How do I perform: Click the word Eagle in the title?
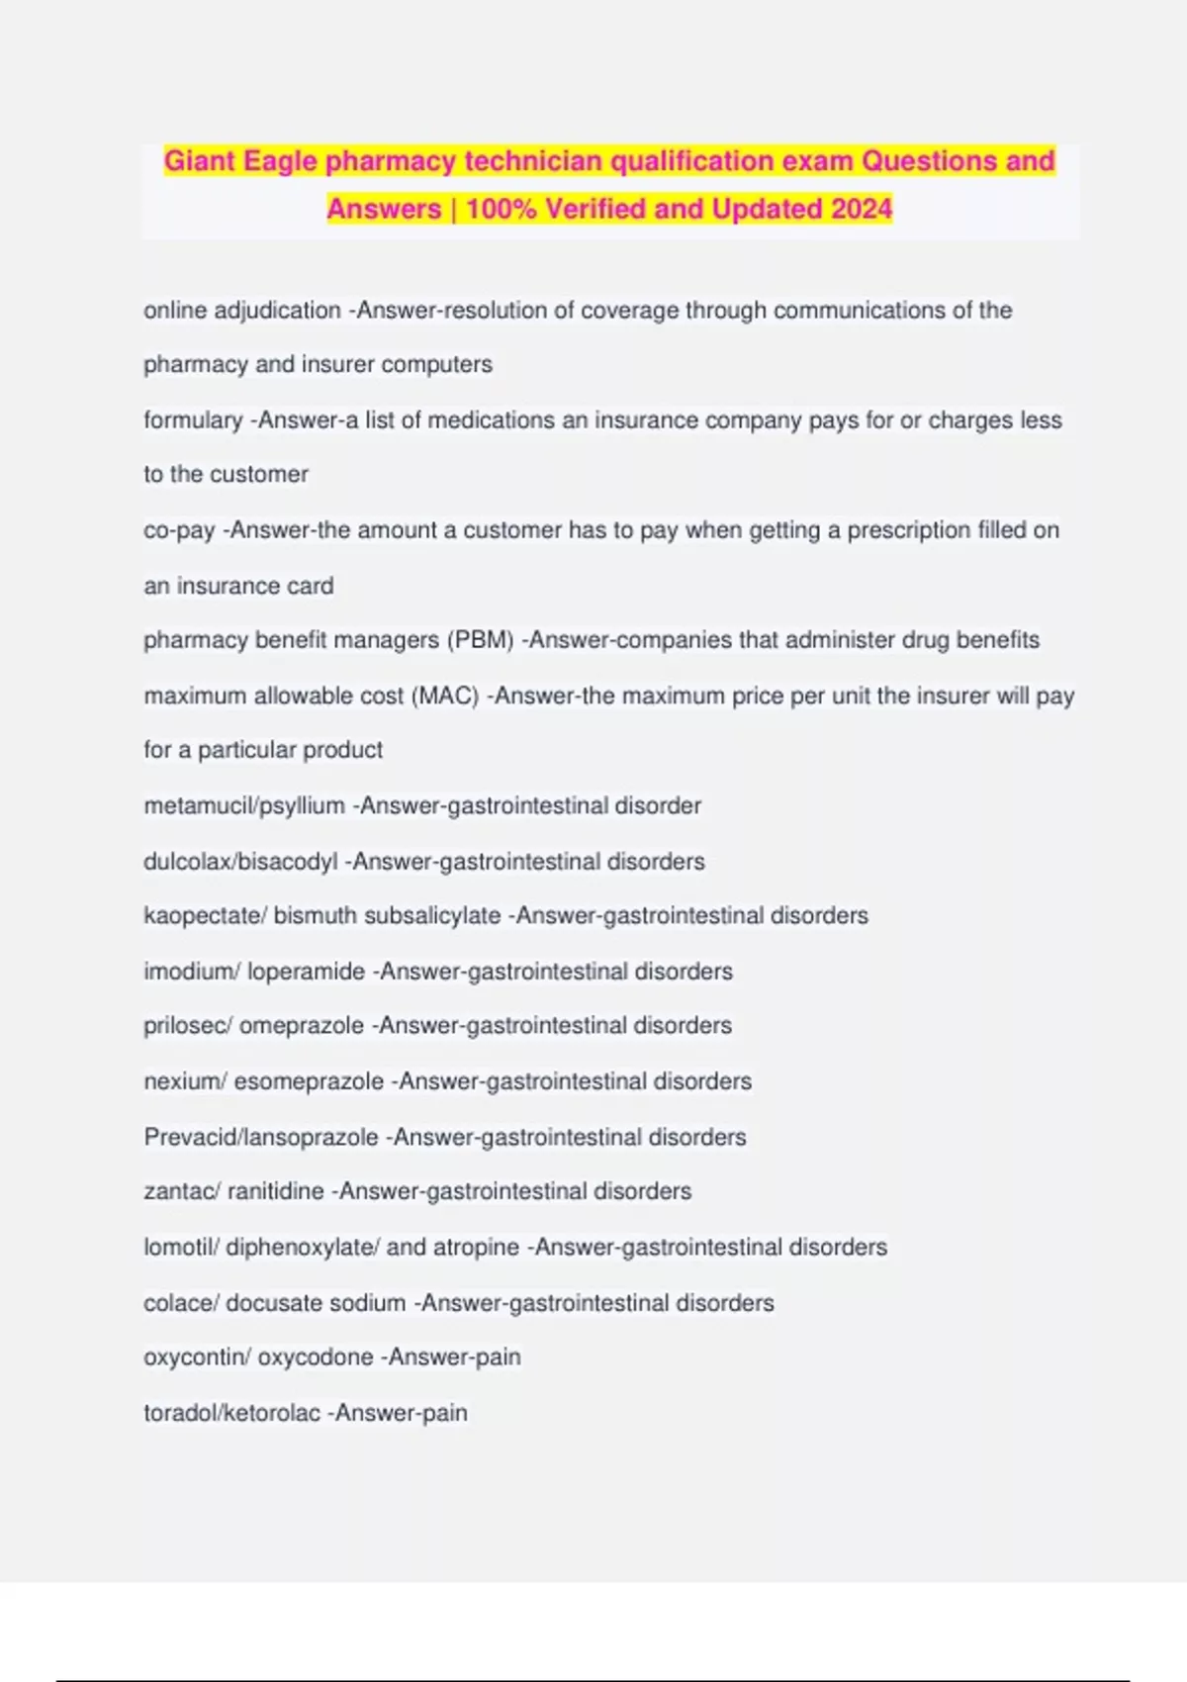click(280, 161)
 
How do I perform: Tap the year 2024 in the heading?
click(861, 209)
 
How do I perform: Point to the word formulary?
click(193, 420)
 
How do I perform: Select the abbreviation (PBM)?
click(481, 640)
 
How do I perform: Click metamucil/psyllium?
click(244, 806)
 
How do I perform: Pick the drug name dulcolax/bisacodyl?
click(240, 862)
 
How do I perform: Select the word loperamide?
click(306, 972)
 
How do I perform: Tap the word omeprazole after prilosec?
click(302, 1026)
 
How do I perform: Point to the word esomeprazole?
click(309, 1081)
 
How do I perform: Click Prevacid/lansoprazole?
click(261, 1138)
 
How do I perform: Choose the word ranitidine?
click(276, 1191)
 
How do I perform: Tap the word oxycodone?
click(316, 1357)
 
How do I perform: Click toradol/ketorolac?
click(232, 1413)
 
